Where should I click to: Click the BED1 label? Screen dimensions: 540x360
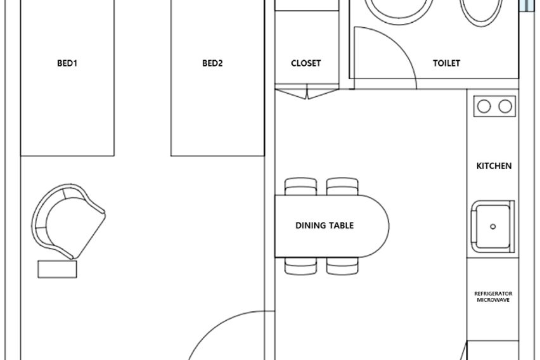67,63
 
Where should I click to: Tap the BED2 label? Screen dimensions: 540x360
212,63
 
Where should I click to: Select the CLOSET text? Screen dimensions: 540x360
306,63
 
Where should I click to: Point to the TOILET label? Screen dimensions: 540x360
446,63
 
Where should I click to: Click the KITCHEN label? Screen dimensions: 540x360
494,165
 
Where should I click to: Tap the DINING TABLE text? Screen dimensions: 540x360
325,225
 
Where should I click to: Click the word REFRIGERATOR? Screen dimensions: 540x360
493,293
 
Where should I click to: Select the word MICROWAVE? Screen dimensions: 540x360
493,300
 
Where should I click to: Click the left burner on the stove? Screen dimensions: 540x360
484,106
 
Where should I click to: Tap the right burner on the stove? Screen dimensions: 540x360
505,106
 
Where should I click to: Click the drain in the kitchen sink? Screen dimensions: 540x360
493,226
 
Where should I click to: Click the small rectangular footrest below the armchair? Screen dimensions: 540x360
57,269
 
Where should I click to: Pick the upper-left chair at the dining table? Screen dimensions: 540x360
300,186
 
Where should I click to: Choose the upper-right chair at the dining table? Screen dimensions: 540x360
342,186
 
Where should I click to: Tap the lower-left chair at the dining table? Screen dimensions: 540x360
300,266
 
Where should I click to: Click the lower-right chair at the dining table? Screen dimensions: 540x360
342,266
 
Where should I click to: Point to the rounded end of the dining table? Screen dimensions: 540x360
389,226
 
